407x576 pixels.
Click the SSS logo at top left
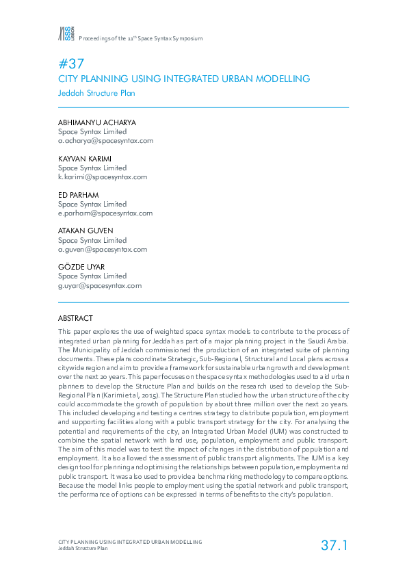[66, 34]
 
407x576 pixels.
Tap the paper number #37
[71, 64]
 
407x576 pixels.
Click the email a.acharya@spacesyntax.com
[105, 140]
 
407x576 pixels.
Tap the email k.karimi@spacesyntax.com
[103, 176]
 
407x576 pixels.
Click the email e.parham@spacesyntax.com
[105, 213]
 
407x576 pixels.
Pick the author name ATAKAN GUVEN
[85, 231]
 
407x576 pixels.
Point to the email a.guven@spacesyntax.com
[103, 249]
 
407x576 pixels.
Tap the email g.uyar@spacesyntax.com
[100, 285]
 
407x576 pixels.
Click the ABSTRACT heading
[75, 318]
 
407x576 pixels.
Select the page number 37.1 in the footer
[334, 545]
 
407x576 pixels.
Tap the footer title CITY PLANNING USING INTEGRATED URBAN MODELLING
[130, 542]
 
